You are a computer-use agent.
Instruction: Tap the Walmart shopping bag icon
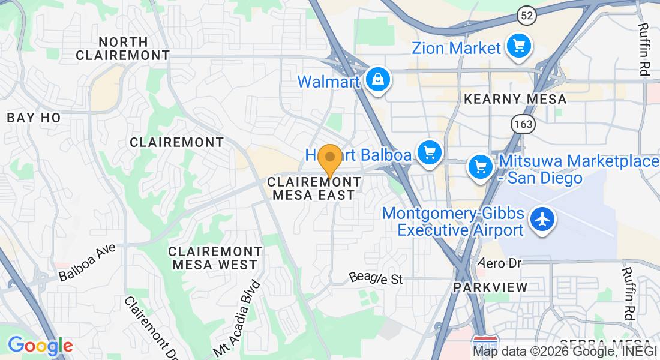(x=378, y=79)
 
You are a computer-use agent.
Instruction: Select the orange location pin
(x=329, y=159)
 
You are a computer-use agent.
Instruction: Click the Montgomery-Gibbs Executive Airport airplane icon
(x=542, y=220)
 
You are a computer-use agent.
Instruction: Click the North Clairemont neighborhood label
(x=123, y=49)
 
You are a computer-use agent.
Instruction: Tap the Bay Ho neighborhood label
(x=34, y=118)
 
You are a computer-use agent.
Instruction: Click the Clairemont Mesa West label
(x=215, y=257)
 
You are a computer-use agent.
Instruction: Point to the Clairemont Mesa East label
(x=314, y=188)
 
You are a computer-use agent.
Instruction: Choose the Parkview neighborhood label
(x=490, y=287)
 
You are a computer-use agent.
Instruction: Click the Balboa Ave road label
(x=87, y=262)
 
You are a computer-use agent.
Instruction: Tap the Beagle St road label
(x=376, y=278)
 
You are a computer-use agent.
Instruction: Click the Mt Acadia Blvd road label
(x=237, y=319)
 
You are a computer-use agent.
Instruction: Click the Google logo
(x=40, y=345)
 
